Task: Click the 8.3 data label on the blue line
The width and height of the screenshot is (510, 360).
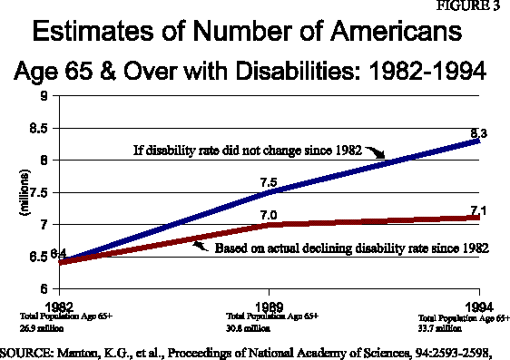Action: pyautogui.click(x=479, y=133)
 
